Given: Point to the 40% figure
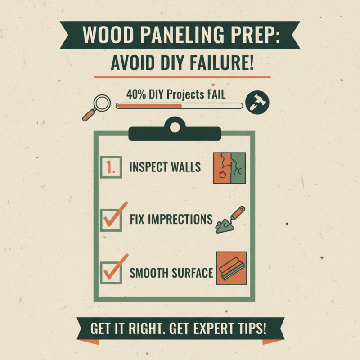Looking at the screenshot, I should [x=136, y=94].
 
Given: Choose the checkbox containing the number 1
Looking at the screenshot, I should [x=111, y=167].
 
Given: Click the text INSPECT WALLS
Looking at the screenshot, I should [x=165, y=167].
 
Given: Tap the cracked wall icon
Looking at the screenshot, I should [x=229, y=168].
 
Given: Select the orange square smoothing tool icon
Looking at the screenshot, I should [x=231, y=268].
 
